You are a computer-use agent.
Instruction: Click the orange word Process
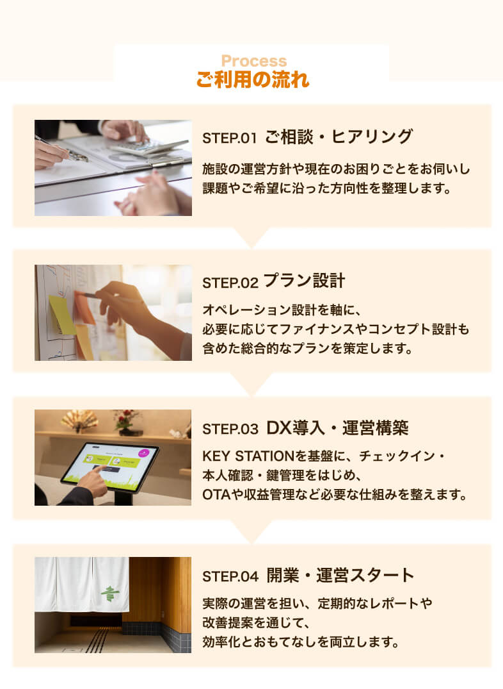(253, 62)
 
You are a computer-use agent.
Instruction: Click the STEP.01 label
(229, 138)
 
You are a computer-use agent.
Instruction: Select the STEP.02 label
(229, 283)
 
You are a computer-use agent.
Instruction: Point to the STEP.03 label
(230, 429)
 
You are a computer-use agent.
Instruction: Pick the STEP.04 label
(230, 576)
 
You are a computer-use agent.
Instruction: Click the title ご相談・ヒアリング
(339, 137)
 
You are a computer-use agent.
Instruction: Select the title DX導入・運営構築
(337, 428)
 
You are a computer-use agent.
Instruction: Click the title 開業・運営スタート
(341, 575)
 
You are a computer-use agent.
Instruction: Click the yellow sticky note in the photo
(62, 314)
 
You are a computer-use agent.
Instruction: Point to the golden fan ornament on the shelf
(79, 420)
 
